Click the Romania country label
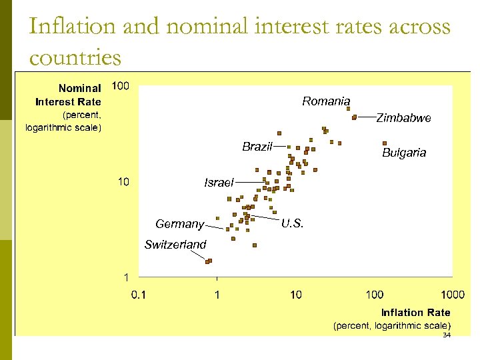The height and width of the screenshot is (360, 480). [x=325, y=101]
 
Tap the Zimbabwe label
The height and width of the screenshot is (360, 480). [x=403, y=118]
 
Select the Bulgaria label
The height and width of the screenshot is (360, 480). [x=403, y=153]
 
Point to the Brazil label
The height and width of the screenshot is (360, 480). [x=257, y=147]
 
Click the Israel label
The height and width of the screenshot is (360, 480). [x=219, y=183]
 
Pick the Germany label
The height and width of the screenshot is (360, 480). [x=179, y=224]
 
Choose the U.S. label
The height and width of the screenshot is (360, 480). [x=292, y=224]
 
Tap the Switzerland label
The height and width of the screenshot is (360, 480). [x=175, y=245]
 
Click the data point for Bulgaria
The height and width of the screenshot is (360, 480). [x=385, y=143]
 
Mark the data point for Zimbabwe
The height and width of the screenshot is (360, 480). [x=354, y=117]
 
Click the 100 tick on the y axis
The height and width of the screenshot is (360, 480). [x=121, y=86]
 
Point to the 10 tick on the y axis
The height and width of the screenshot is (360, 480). [x=123, y=182]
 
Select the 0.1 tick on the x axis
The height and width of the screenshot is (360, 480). [x=138, y=295]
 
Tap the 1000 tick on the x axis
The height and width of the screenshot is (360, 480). [x=452, y=295]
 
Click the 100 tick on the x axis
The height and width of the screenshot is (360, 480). [x=374, y=295]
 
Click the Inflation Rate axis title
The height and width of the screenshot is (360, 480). [x=415, y=313]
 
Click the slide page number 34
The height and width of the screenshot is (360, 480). [x=447, y=335]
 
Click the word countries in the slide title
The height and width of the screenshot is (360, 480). [x=75, y=57]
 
